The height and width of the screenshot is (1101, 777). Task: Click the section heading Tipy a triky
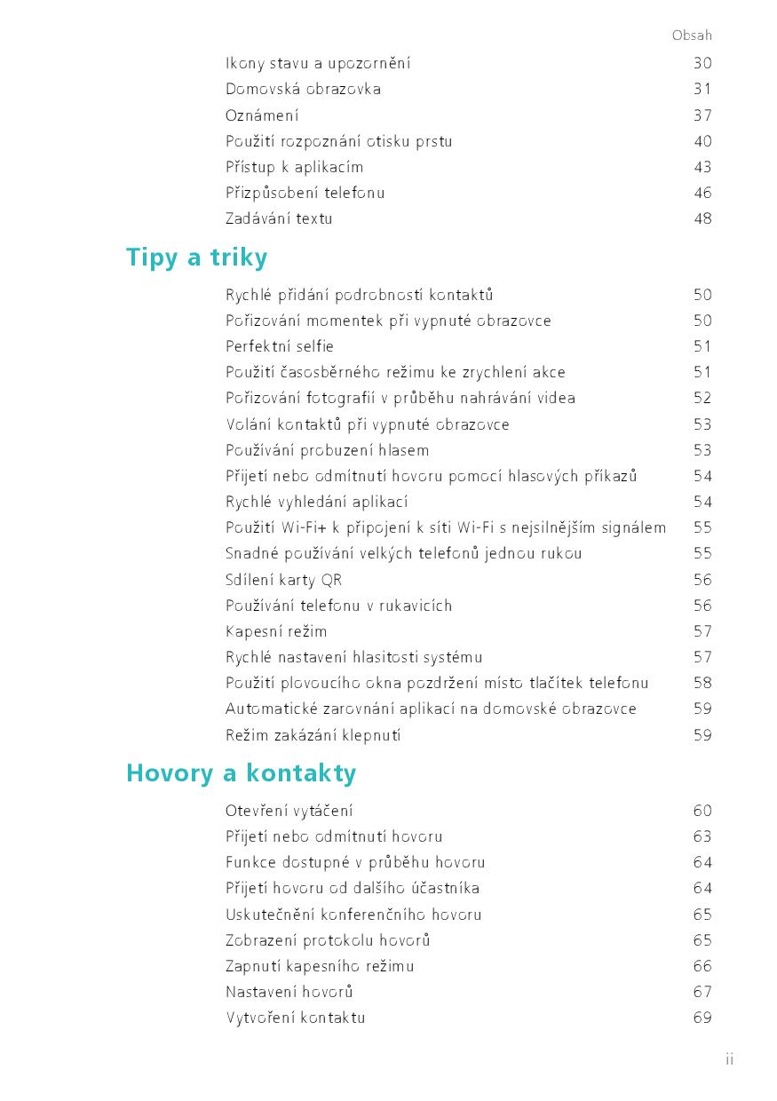(196, 257)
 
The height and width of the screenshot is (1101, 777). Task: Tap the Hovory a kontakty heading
(241, 773)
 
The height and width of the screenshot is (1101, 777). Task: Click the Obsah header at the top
(692, 36)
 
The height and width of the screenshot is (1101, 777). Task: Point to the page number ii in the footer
(729, 1059)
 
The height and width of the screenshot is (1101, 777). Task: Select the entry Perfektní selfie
(280, 346)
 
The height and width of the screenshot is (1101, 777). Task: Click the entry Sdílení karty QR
(283, 580)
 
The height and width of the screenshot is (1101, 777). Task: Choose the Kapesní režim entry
(276, 631)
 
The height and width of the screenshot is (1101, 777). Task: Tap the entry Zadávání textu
(279, 218)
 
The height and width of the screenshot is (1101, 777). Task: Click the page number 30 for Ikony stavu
(702, 63)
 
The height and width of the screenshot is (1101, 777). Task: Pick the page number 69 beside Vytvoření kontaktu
(702, 1018)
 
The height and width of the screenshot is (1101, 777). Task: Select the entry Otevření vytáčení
(289, 811)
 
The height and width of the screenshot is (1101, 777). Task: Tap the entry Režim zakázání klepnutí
(313, 735)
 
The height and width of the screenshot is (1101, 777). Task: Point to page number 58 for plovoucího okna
(702, 683)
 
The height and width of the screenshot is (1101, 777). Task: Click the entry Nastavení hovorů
(289, 992)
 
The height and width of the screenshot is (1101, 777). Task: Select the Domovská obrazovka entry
(303, 89)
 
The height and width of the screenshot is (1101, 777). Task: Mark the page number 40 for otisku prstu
(702, 141)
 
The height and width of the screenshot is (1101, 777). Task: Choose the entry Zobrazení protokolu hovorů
(328, 940)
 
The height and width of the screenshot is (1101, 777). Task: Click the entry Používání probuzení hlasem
(327, 450)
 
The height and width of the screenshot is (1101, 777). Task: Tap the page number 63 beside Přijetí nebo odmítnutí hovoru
(702, 836)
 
